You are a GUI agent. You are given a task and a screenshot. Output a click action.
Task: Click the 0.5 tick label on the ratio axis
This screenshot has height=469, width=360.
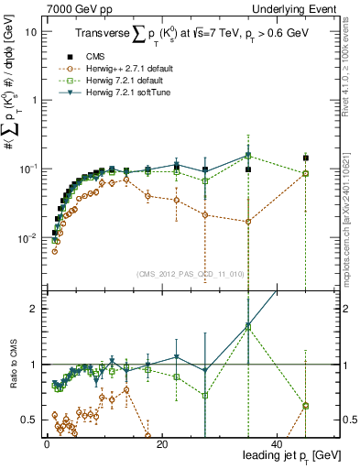click(x=28, y=420)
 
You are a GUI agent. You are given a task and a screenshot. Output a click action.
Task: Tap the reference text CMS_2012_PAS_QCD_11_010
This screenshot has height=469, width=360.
click(x=191, y=272)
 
